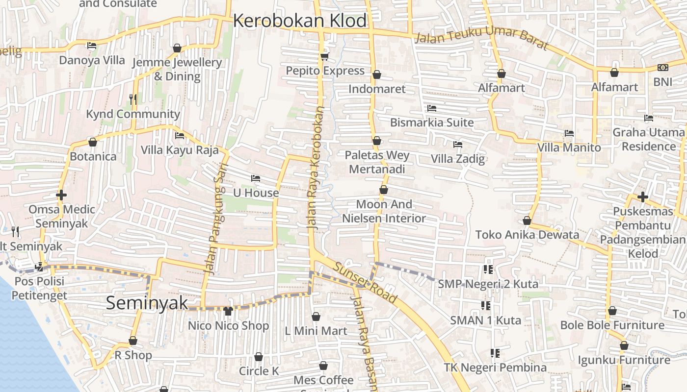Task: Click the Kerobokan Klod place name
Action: (x=299, y=21)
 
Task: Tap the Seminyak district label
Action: (x=147, y=303)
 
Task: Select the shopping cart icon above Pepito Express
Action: (x=324, y=57)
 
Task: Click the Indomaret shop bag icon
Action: (x=377, y=74)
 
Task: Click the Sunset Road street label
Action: (x=365, y=282)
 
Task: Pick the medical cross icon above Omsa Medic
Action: (x=61, y=195)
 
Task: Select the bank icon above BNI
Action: (x=662, y=68)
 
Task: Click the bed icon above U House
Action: (x=255, y=178)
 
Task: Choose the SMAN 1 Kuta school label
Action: (x=486, y=320)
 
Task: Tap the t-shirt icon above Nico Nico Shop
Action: (x=228, y=311)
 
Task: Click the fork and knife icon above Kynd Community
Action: (x=132, y=99)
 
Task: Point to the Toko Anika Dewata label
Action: (x=527, y=235)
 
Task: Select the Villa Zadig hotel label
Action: (x=458, y=159)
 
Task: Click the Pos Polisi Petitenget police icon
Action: (x=39, y=267)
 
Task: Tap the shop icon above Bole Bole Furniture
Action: (x=612, y=311)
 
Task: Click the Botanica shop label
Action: (x=93, y=157)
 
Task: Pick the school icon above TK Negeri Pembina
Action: (x=495, y=353)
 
